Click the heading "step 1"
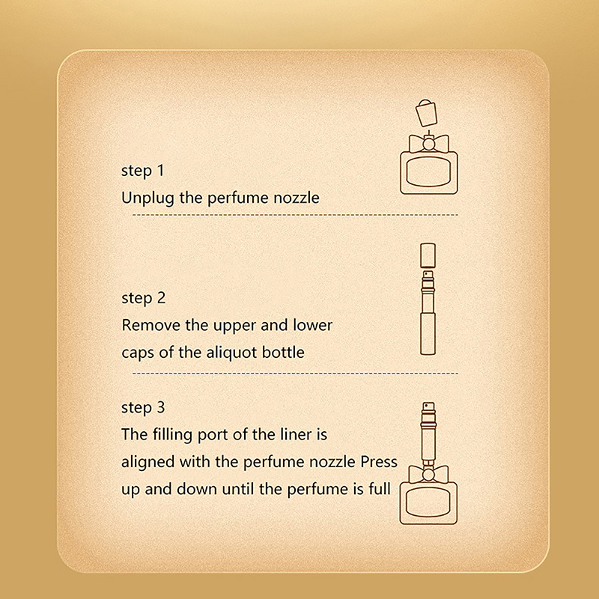coord(142,171)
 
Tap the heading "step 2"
coord(143,298)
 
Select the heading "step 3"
coord(143,407)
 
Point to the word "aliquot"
coord(231,353)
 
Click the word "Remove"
coord(151,325)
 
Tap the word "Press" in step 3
coord(379,462)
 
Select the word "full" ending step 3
coord(380,489)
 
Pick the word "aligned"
coord(148,463)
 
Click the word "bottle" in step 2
coord(283,352)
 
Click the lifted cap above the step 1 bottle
coord(426,113)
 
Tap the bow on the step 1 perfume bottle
coord(429,144)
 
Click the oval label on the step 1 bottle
coord(429,172)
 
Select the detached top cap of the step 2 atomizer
coord(428,255)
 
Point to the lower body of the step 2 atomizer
coord(428,333)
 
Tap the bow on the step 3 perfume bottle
coord(428,474)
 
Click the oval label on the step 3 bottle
coord(428,502)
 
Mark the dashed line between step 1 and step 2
coord(295,215)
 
